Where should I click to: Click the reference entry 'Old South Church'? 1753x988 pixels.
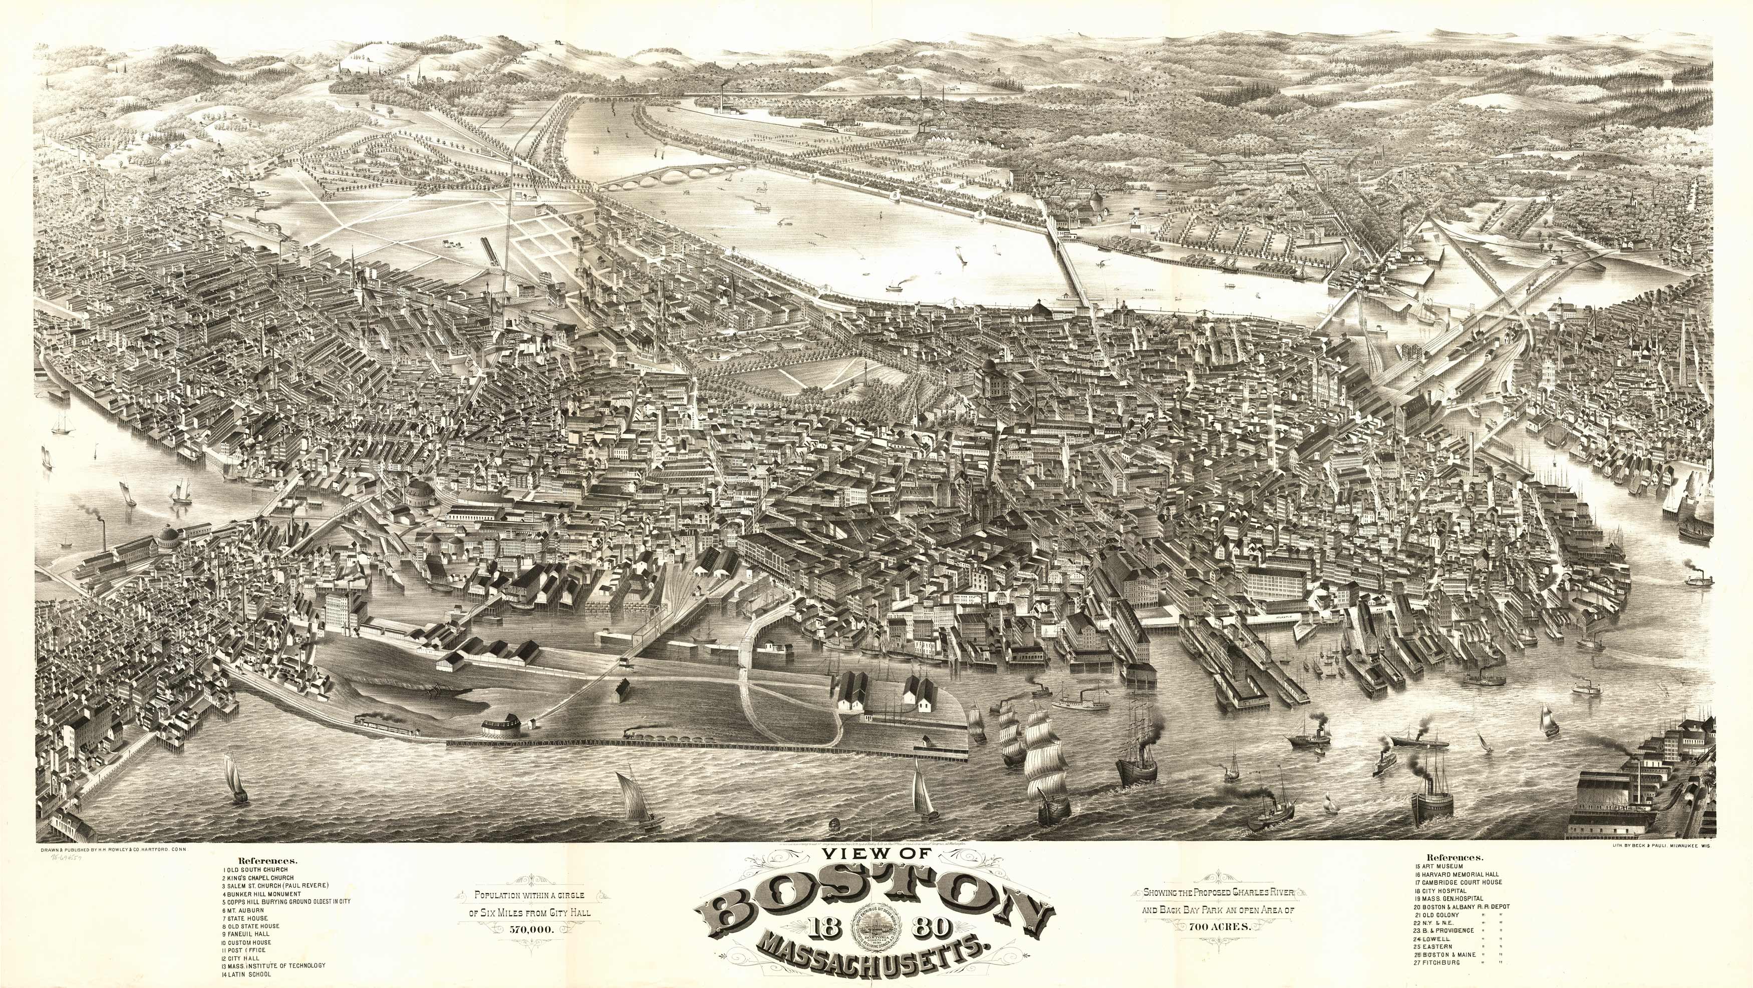click(257, 870)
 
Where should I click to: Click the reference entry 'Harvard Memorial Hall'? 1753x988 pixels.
click(1459, 874)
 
